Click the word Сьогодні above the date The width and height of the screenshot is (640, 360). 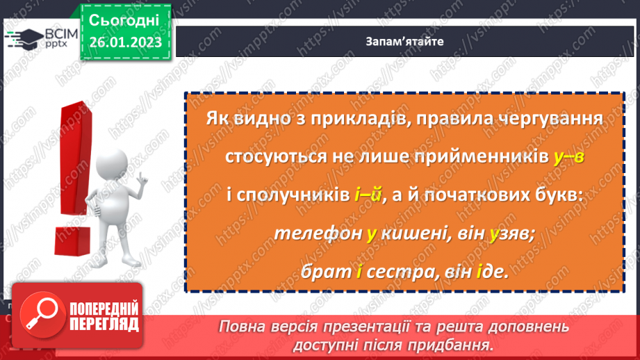(125, 19)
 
